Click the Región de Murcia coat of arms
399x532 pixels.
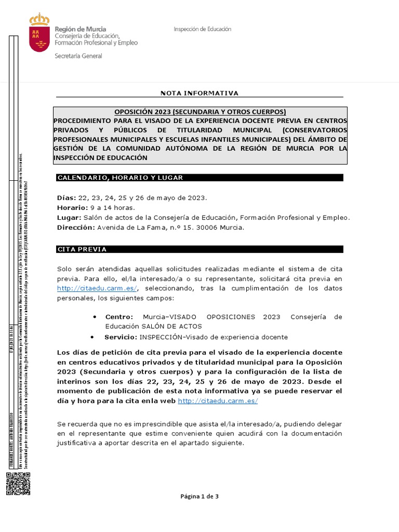[39, 34]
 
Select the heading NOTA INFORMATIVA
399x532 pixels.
[199, 93]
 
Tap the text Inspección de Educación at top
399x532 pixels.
[202, 30]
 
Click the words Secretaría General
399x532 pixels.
[78, 56]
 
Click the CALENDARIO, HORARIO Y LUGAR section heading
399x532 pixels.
[120, 178]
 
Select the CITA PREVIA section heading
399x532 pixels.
[82, 249]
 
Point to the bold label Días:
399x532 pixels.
[66, 198]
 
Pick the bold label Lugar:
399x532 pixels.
[69, 218]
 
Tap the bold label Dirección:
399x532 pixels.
[76, 228]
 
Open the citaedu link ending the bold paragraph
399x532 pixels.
[218, 401]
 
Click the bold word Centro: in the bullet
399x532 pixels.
[119, 317]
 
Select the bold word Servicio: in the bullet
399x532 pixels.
[120, 337]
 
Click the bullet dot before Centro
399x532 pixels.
[95, 317]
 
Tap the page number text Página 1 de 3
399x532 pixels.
[199, 496]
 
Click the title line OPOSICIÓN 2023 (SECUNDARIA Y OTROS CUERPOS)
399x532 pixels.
[200, 112]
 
